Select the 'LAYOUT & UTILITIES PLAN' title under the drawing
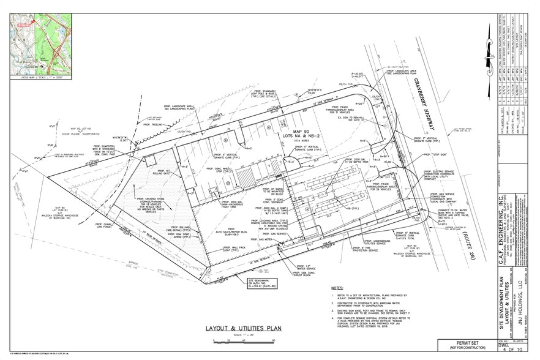pyautogui.click(x=244, y=328)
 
